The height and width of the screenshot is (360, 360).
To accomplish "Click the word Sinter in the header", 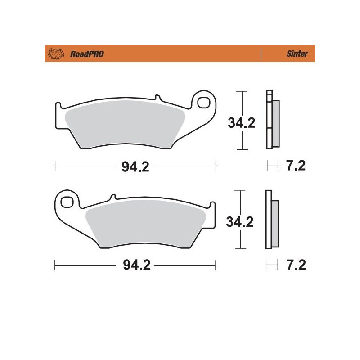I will coord(297,54).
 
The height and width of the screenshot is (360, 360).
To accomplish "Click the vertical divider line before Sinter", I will coord(261,54).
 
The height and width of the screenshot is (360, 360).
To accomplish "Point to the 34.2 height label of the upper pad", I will coord(241,123).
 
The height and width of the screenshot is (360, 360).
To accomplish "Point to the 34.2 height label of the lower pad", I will coord(241,221).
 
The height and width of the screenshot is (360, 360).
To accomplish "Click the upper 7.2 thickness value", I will coord(296,166).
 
